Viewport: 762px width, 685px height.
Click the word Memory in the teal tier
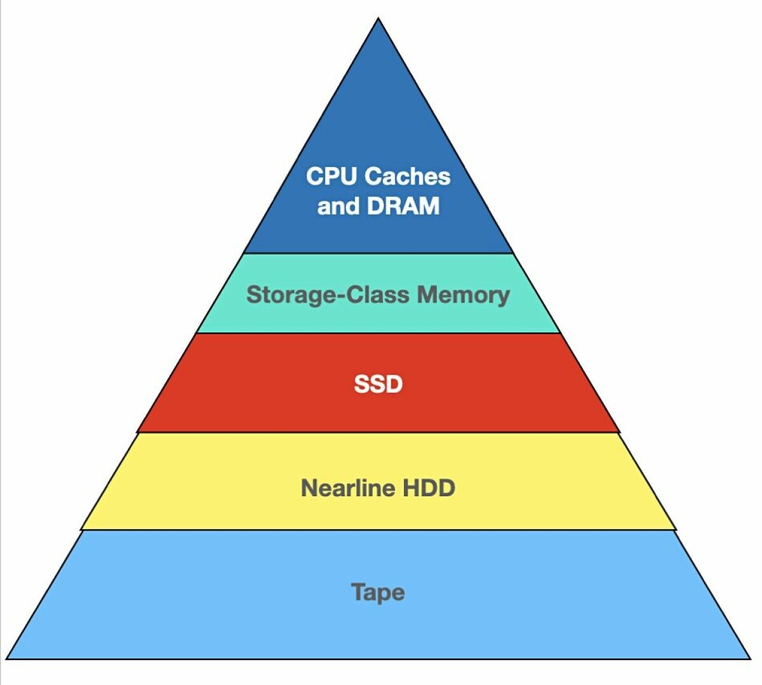[x=464, y=295]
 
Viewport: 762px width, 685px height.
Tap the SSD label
[x=378, y=384]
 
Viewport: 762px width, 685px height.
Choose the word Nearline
[x=347, y=488]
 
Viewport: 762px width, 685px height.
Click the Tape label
[x=378, y=592]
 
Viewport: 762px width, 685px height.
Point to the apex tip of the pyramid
[x=378, y=19]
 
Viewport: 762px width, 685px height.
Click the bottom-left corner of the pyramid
[x=8, y=658]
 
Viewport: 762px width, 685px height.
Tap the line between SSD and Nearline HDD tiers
[x=378, y=433]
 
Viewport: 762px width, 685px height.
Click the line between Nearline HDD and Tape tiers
[x=378, y=530]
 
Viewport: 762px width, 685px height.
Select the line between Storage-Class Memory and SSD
[x=378, y=333]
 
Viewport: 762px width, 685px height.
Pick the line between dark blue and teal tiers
[x=378, y=254]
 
